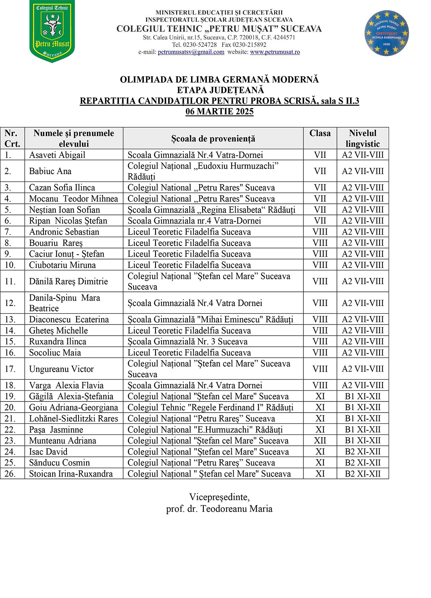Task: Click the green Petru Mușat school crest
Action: (x=52, y=31)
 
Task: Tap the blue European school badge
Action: (x=386, y=33)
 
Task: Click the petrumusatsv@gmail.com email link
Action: (x=191, y=52)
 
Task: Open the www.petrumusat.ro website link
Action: (x=275, y=52)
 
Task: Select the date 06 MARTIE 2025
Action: (x=219, y=112)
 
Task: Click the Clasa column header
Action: (x=320, y=134)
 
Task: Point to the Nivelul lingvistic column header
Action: (x=362, y=138)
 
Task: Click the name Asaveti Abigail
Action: (x=57, y=155)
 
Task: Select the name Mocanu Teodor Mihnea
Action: (x=73, y=199)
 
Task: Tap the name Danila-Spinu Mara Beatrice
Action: (x=64, y=303)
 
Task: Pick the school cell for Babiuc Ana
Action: (x=203, y=171)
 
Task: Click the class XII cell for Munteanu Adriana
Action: (x=320, y=441)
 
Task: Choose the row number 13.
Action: (x=10, y=319)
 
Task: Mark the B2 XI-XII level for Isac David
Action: (x=362, y=452)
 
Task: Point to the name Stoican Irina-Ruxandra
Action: (x=71, y=474)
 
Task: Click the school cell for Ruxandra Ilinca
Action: (x=187, y=342)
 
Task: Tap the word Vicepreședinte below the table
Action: (x=219, y=497)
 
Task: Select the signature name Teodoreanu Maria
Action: (x=236, y=509)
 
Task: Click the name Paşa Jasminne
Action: (x=56, y=430)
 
